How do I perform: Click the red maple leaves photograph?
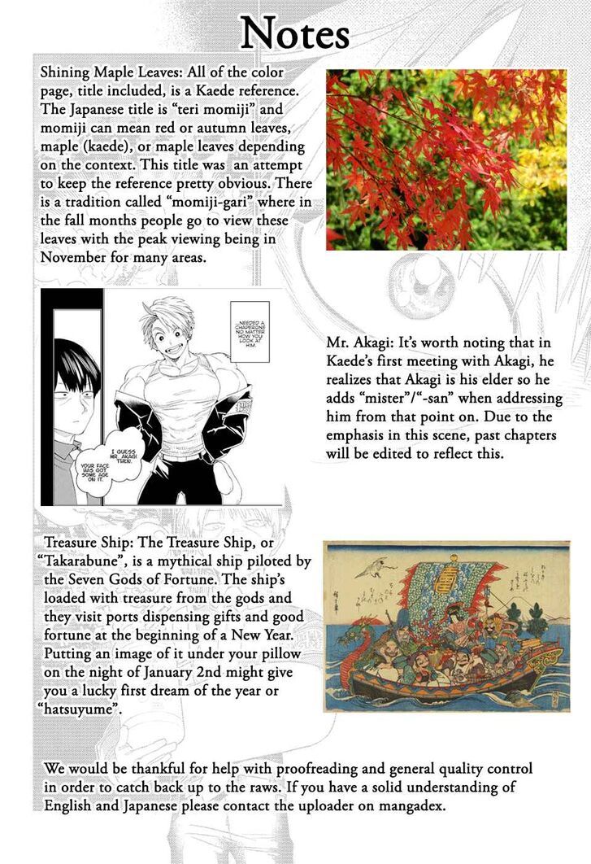pos(446,159)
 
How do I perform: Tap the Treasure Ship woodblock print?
pos(446,626)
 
